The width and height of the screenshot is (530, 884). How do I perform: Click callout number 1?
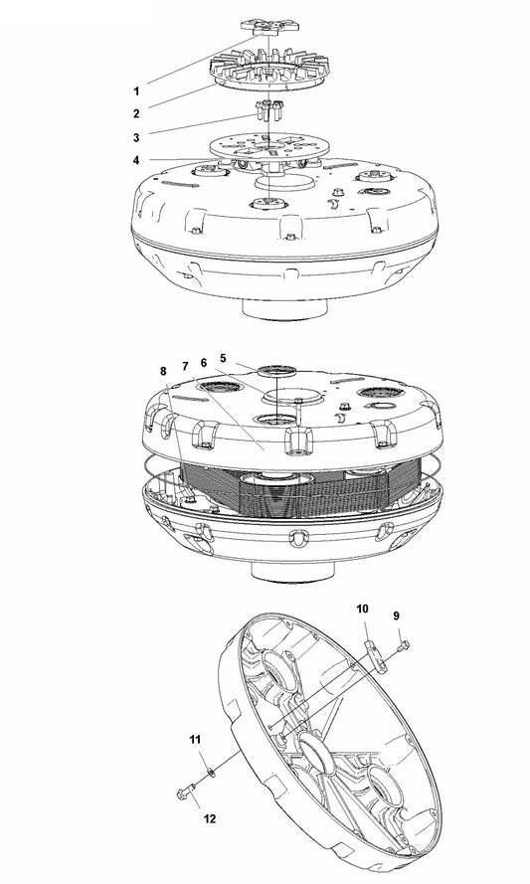[136, 90]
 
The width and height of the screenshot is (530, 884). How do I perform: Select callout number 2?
[136, 114]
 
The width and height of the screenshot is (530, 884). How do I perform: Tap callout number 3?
[136, 137]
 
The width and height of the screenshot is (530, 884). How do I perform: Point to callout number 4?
[136, 161]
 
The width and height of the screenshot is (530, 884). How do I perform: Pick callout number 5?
[224, 357]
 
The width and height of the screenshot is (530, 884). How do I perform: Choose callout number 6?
[204, 363]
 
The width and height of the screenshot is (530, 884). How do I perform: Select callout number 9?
[397, 616]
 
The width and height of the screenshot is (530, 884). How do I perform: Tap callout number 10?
[362, 609]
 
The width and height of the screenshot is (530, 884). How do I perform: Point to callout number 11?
[195, 740]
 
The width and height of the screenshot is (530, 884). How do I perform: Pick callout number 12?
[209, 818]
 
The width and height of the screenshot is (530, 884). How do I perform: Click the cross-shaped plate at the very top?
[269, 27]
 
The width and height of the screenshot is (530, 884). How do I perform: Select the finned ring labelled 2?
[268, 69]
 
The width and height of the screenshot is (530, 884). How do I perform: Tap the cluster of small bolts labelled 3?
[269, 109]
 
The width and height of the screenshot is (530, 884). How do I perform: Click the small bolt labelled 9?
[403, 644]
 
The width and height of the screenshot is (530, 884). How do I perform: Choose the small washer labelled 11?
[211, 772]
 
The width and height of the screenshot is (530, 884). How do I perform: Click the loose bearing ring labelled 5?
[276, 370]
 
